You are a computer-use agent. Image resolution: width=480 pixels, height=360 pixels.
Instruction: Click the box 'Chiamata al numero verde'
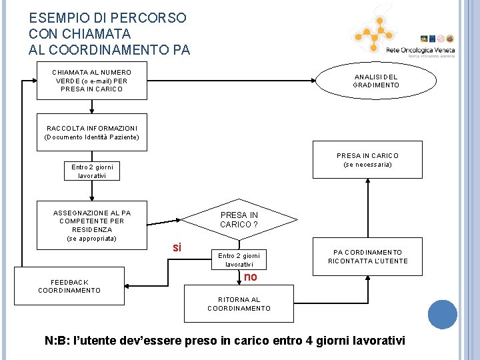click(x=91, y=81)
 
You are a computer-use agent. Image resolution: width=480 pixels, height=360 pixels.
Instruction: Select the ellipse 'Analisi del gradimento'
click(x=375, y=81)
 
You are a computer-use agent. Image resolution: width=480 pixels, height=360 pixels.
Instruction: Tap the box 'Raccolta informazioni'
click(x=91, y=132)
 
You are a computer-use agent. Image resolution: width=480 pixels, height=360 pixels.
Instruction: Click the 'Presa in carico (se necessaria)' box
click(x=367, y=159)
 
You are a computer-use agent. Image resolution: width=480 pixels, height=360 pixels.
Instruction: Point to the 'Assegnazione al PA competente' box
click(x=91, y=225)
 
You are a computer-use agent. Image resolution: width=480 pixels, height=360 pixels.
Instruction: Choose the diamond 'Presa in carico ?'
click(x=239, y=219)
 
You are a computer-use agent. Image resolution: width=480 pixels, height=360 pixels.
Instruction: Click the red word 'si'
click(x=177, y=247)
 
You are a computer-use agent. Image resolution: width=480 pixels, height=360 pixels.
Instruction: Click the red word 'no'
click(x=250, y=277)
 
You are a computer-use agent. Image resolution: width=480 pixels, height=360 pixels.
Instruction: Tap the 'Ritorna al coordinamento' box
click(x=239, y=304)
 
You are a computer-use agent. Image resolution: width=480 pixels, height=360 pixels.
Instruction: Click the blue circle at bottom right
click(x=443, y=315)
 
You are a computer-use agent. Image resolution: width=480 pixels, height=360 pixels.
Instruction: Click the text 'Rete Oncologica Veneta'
click(x=420, y=50)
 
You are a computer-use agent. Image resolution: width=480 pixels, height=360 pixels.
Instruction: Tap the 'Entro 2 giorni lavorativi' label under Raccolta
click(x=92, y=171)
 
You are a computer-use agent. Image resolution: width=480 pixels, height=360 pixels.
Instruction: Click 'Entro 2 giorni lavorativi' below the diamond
click(x=238, y=260)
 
